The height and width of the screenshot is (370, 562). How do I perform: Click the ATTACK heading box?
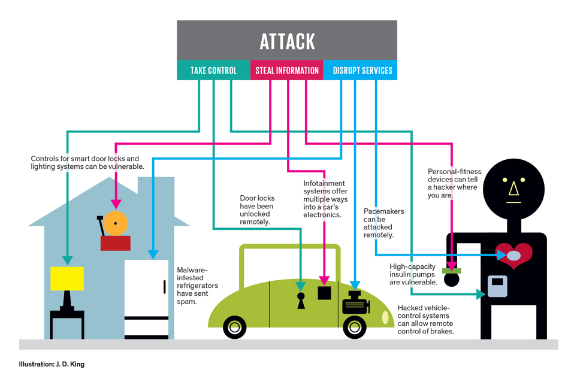[x=287, y=40]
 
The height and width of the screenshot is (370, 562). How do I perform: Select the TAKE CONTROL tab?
[x=213, y=70]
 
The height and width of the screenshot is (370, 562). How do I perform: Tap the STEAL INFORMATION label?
[x=287, y=70]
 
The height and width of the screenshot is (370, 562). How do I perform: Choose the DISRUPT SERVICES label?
[x=362, y=70]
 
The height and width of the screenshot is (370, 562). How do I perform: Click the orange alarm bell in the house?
[x=116, y=224]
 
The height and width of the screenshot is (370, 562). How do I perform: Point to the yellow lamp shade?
[x=67, y=278]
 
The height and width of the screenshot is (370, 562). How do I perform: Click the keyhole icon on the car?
[x=300, y=300]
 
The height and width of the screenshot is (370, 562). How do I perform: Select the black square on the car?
[x=324, y=293]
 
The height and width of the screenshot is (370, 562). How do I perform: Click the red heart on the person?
[x=515, y=255]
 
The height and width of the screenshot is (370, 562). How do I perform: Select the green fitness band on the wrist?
[x=451, y=271]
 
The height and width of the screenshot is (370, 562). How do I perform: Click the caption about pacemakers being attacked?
[x=383, y=223]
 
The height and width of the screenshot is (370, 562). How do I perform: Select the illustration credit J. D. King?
[x=52, y=364]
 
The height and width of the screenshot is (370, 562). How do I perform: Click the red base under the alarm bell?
[x=116, y=242]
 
